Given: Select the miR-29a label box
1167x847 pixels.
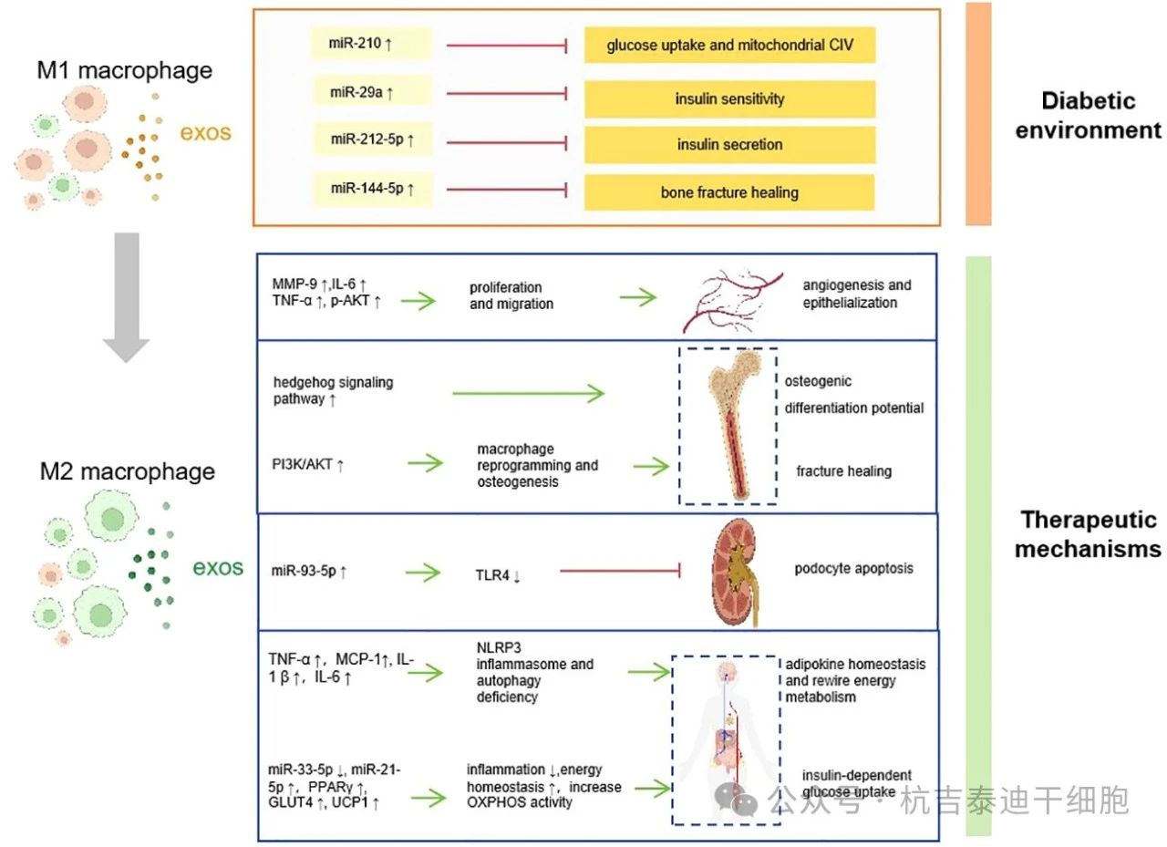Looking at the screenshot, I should coord(369,92).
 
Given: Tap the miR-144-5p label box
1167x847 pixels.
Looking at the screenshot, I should coord(369,189).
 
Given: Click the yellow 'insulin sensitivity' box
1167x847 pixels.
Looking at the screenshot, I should coord(729,98).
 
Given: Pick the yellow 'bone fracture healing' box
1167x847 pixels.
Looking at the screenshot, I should coord(729,192).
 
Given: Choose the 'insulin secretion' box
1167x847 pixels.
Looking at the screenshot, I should coord(729,145).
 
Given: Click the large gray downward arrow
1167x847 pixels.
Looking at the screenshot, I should coord(125,296).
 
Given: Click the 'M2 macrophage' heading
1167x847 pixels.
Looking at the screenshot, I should coord(127,471).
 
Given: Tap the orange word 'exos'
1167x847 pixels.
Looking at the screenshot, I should coord(205,133).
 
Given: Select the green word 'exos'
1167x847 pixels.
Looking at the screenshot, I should coord(218,568).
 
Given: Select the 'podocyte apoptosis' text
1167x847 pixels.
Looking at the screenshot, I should coord(852,568).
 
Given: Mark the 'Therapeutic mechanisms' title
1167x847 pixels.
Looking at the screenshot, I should coord(1088,534).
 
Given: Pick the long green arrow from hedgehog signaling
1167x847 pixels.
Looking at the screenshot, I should coord(528,394).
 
